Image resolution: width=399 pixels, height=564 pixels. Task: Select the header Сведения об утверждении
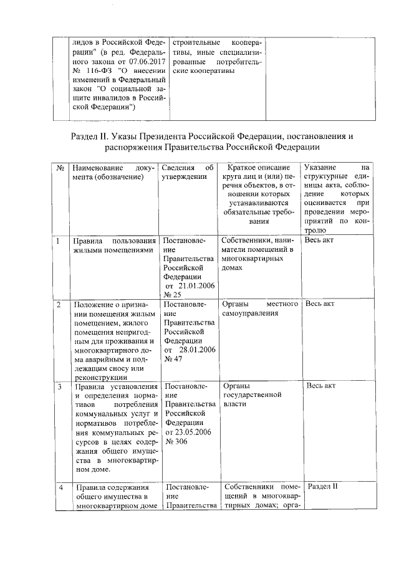pos(187,173)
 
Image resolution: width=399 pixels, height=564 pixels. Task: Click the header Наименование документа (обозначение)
pos(110,173)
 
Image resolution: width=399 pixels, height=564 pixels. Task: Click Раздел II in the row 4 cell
pos(322,486)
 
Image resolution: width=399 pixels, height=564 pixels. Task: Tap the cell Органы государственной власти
pos(251,394)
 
